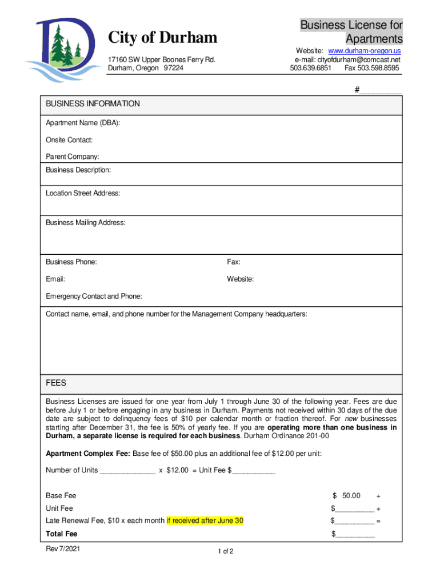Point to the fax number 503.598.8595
[x=372, y=68]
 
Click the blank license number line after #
[x=381, y=90]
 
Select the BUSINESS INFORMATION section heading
[x=93, y=104]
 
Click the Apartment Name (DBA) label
[x=83, y=123]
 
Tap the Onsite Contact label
[x=69, y=140]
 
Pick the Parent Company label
[x=73, y=157]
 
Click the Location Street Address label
[x=83, y=193]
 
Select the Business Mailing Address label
[x=86, y=223]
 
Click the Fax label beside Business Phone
[x=233, y=262]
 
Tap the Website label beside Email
[x=240, y=279]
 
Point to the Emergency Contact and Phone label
[x=94, y=296]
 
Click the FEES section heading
[x=56, y=383]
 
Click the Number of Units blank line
[x=127, y=471]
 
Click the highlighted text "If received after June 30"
[x=205, y=520]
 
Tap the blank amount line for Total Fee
[x=355, y=535]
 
